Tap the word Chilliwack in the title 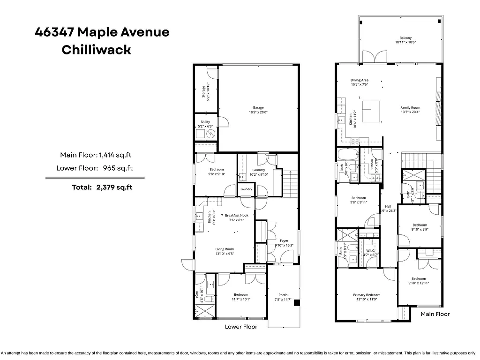(96, 50)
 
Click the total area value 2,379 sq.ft (114, 187)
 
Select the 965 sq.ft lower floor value (115, 168)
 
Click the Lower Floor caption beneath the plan (241, 327)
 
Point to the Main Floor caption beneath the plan (435, 314)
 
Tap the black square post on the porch (297, 303)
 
